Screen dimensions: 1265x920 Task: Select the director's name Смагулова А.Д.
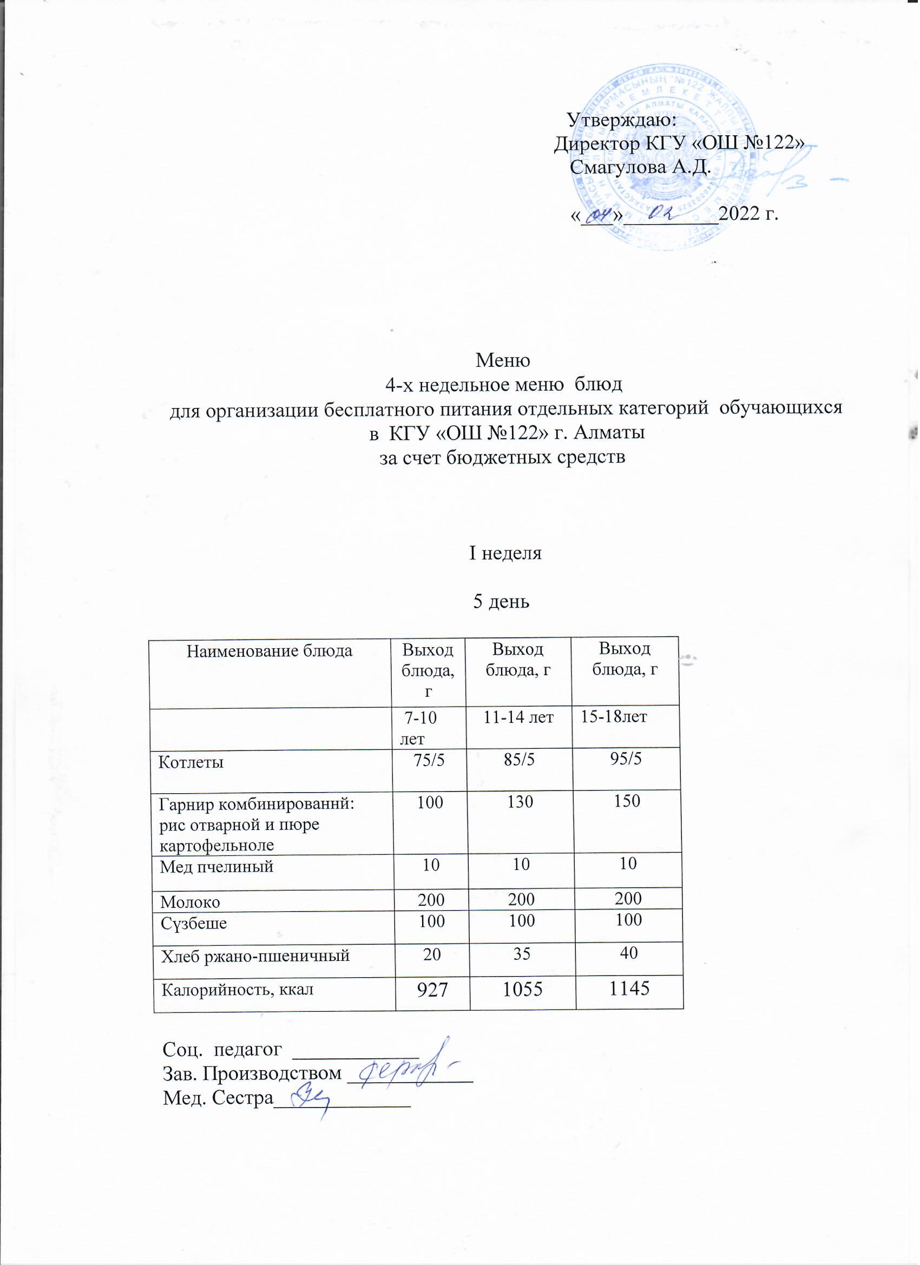coord(641,167)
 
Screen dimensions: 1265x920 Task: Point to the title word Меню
coord(502,360)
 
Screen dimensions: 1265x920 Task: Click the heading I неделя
coord(505,554)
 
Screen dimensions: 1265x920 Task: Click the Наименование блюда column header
coord(270,651)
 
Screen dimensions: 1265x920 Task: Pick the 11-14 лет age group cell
coord(518,717)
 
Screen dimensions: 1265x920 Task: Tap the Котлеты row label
coord(191,762)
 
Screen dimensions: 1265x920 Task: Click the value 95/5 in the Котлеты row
coord(626,759)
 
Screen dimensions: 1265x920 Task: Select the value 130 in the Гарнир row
coord(520,802)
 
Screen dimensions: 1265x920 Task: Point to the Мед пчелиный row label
coord(216,866)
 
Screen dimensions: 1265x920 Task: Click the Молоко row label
coord(190,902)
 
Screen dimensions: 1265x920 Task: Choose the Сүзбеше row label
coord(194,923)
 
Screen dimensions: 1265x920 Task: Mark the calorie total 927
coord(432,990)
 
